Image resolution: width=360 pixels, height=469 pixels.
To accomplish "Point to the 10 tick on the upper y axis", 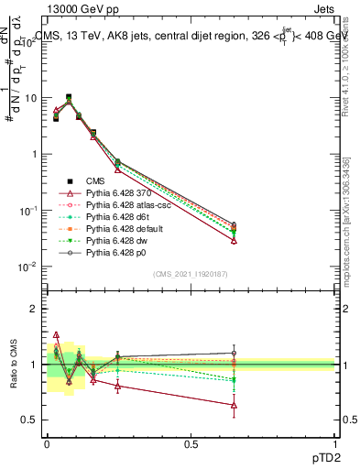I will [27, 97].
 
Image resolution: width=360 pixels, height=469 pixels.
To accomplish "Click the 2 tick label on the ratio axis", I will [32, 309].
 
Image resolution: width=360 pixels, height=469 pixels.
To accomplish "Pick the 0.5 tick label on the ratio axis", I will [27, 420].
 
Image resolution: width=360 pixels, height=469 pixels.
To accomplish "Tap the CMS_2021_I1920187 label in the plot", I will [190, 275].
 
